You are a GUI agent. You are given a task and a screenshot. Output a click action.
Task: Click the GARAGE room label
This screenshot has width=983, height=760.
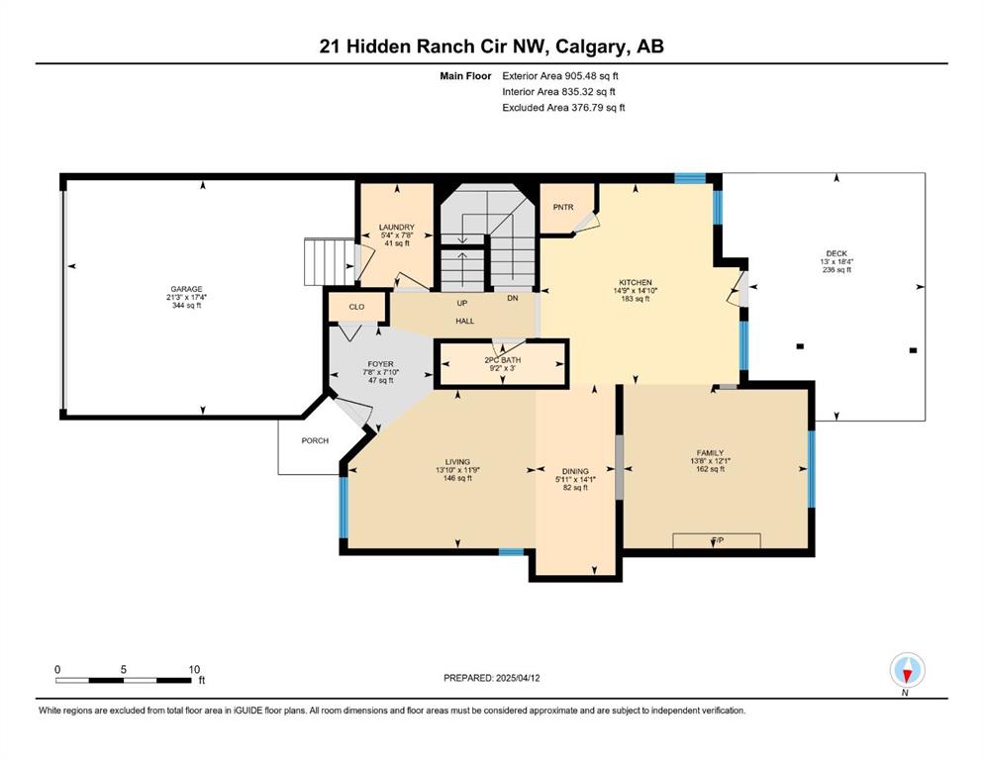tap(186, 290)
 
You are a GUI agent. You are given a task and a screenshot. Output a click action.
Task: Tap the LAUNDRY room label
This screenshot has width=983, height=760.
tap(396, 228)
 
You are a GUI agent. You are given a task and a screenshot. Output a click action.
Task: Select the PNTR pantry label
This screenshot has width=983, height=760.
tap(563, 208)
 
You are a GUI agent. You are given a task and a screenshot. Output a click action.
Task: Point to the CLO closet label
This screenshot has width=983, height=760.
tap(356, 307)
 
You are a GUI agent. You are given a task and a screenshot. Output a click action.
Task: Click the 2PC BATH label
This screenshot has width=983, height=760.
tap(502, 360)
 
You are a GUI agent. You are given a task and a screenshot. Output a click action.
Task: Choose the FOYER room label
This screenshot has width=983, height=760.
tap(380, 364)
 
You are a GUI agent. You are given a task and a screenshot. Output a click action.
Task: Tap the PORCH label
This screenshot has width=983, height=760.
tap(315, 440)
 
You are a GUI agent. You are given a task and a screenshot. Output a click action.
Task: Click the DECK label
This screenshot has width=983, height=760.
tap(836, 253)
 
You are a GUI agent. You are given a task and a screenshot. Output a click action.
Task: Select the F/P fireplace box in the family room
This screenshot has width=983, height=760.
tap(717, 540)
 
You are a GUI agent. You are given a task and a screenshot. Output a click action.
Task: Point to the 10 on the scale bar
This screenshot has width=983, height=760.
tap(194, 670)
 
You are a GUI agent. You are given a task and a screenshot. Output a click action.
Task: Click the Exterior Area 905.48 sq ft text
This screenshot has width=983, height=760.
tap(560, 76)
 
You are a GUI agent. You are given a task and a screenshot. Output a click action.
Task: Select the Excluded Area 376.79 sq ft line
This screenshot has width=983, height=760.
tap(563, 107)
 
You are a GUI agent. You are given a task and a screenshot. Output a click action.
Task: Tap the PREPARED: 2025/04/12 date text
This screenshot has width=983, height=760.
tap(491, 678)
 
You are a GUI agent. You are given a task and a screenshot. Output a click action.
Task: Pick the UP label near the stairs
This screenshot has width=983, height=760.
tap(462, 303)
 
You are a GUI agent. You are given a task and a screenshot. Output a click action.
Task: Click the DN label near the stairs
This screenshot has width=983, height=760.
tap(513, 298)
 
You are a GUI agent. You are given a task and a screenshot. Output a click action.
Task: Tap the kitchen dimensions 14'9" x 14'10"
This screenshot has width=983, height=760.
tap(636, 291)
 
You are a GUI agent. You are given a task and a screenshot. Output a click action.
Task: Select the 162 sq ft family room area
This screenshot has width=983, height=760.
tap(710, 469)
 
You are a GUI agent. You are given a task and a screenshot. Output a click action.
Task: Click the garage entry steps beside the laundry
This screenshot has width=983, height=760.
tap(329, 262)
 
